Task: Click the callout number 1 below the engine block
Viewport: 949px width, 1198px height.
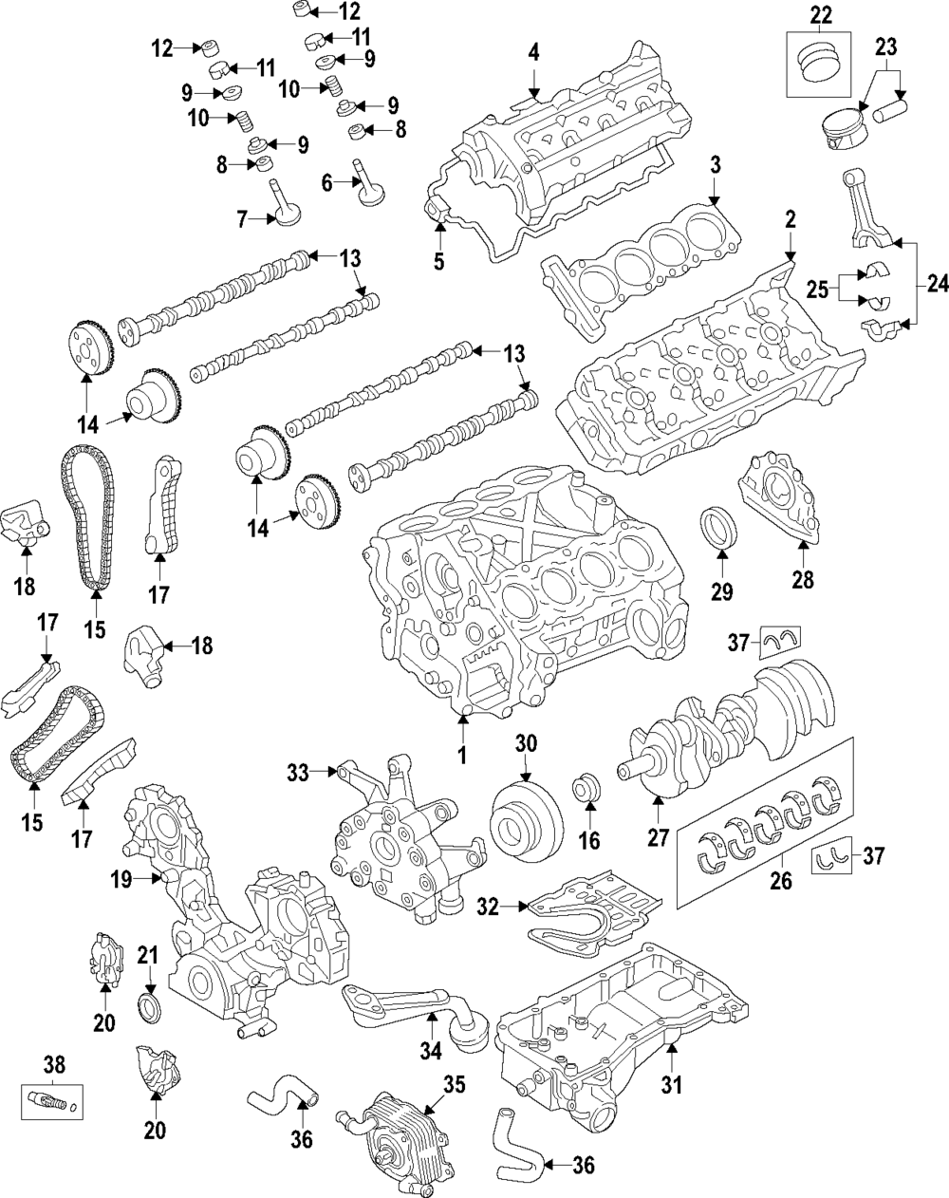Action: [463, 757]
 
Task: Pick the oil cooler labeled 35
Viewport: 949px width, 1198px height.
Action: [394, 1134]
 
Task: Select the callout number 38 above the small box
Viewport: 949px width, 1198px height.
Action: [54, 1063]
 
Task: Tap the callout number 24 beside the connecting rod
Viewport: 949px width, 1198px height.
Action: [934, 284]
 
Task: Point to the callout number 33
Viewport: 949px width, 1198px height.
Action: [300, 773]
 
